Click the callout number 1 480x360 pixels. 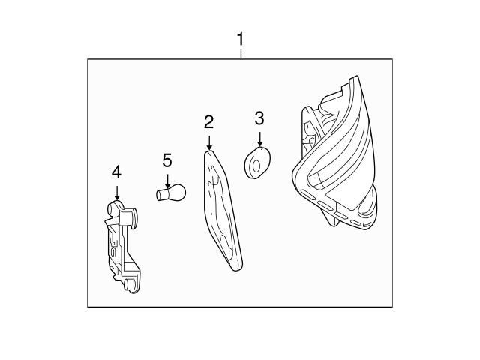240,38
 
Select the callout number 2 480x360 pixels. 208,121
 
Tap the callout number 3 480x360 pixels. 259,118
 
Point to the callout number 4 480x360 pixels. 116,172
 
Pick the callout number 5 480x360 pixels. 167,159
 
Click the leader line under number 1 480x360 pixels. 240,53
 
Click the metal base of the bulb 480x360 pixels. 160,195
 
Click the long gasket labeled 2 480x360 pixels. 222,206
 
